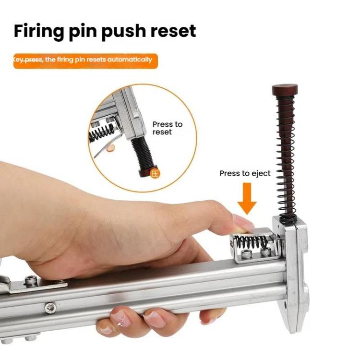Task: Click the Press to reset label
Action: tap(168, 128)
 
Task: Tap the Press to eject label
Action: tap(245, 173)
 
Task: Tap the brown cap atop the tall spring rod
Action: tap(285, 90)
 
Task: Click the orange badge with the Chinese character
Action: tap(155, 174)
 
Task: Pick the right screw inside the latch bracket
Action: tap(264, 252)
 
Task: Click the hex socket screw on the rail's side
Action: tap(49, 308)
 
